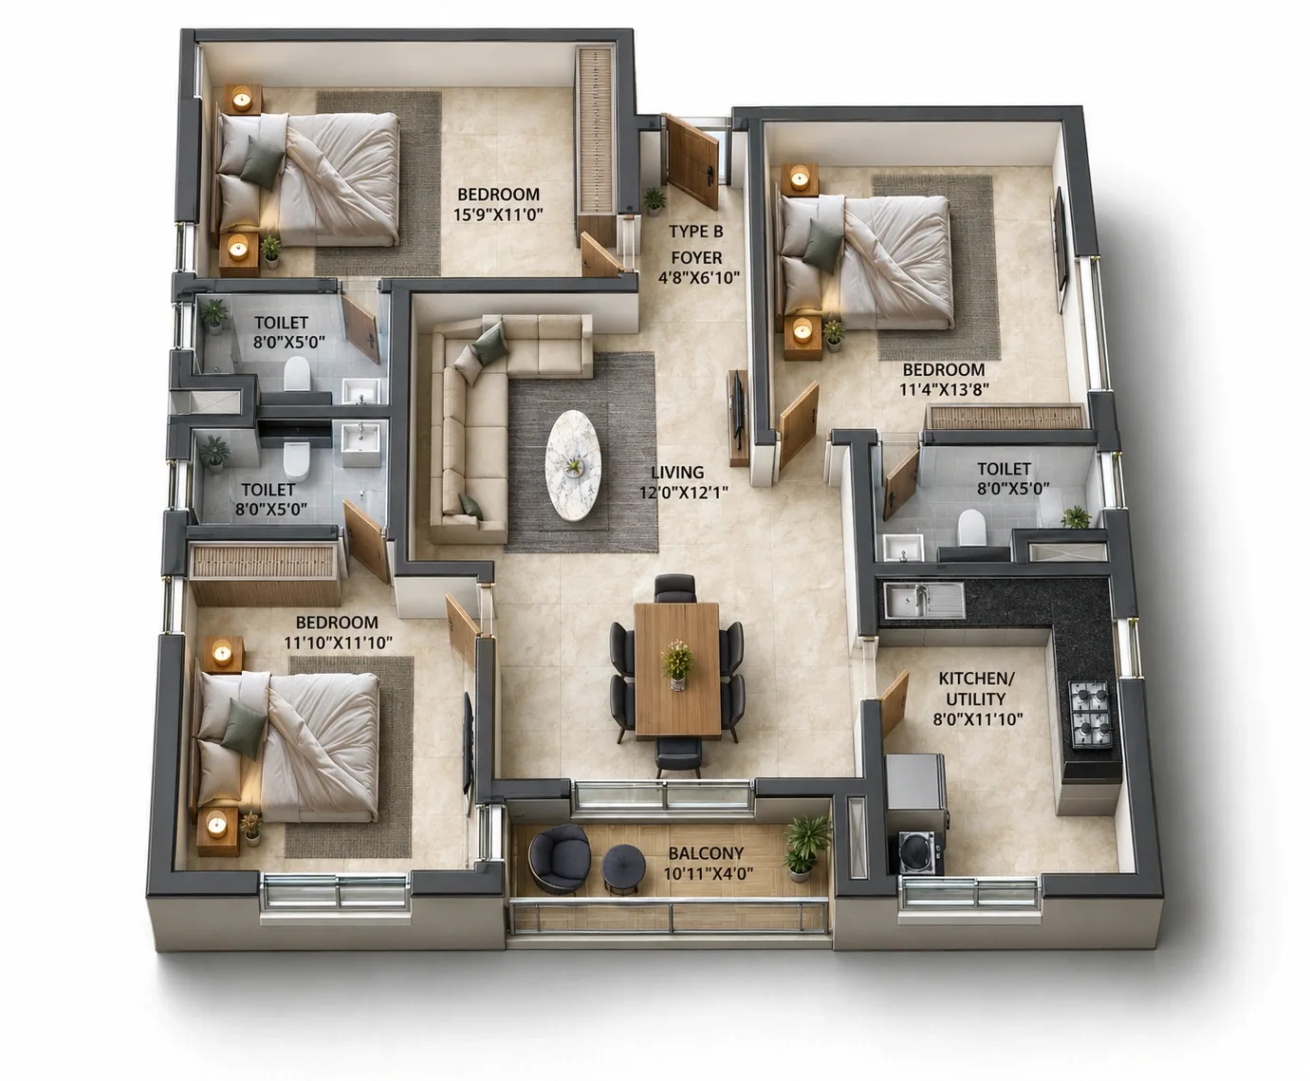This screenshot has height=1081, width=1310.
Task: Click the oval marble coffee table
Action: pyautogui.click(x=573, y=464)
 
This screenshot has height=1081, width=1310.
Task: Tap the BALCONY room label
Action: pyautogui.click(x=706, y=853)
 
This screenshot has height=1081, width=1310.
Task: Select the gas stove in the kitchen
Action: pyautogui.click(x=1092, y=714)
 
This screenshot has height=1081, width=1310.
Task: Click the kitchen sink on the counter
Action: pyautogui.click(x=924, y=599)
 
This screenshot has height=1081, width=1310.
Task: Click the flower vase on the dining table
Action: pyautogui.click(x=677, y=664)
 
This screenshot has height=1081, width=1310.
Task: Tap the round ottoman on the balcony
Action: pyautogui.click(x=623, y=868)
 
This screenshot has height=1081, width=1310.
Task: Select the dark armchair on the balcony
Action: pyautogui.click(x=559, y=858)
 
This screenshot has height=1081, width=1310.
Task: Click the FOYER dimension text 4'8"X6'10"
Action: pyautogui.click(x=699, y=277)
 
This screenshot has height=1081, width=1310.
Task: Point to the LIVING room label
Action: pyautogui.click(x=677, y=472)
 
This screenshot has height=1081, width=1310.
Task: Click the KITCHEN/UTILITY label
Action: pyautogui.click(x=977, y=689)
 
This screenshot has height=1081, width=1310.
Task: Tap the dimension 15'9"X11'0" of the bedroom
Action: pyautogui.click(x=498, y=214)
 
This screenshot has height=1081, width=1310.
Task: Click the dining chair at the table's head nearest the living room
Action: pyautogui.click(x=675, y=587)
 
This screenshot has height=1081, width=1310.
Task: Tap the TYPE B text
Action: pyautogui.click(x=695, y=232)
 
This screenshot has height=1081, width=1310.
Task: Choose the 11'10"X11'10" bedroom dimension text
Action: pyautogui.click(x=339, y=643)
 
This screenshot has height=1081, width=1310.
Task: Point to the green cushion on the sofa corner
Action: pyautogui.click(x=490, y=344)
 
